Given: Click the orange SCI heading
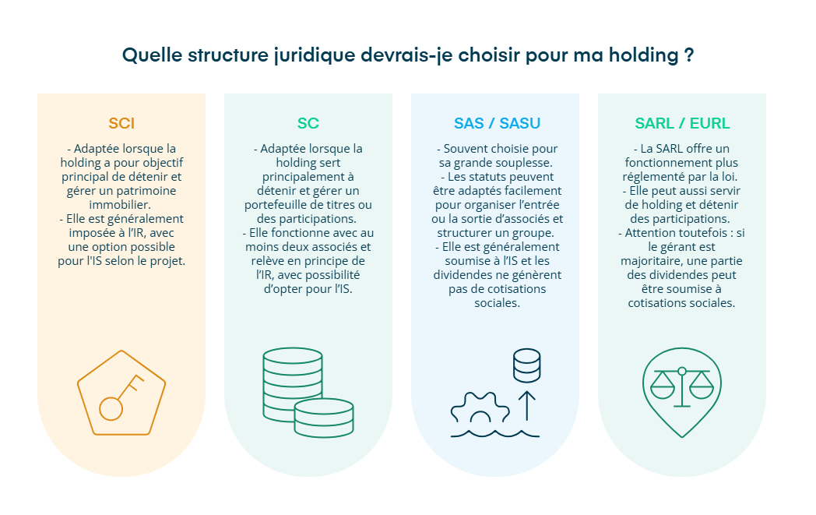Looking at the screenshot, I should [121, 123].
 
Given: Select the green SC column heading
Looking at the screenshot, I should [308, 123].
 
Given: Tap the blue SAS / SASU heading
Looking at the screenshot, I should [497, 123].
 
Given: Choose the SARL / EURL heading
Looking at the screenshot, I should [682, 123].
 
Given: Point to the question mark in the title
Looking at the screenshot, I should [688, 56].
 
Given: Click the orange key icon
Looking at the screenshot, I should [121, 394].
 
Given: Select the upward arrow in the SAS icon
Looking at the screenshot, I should [527, 404].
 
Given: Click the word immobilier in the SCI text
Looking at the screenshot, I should [121, 204].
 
